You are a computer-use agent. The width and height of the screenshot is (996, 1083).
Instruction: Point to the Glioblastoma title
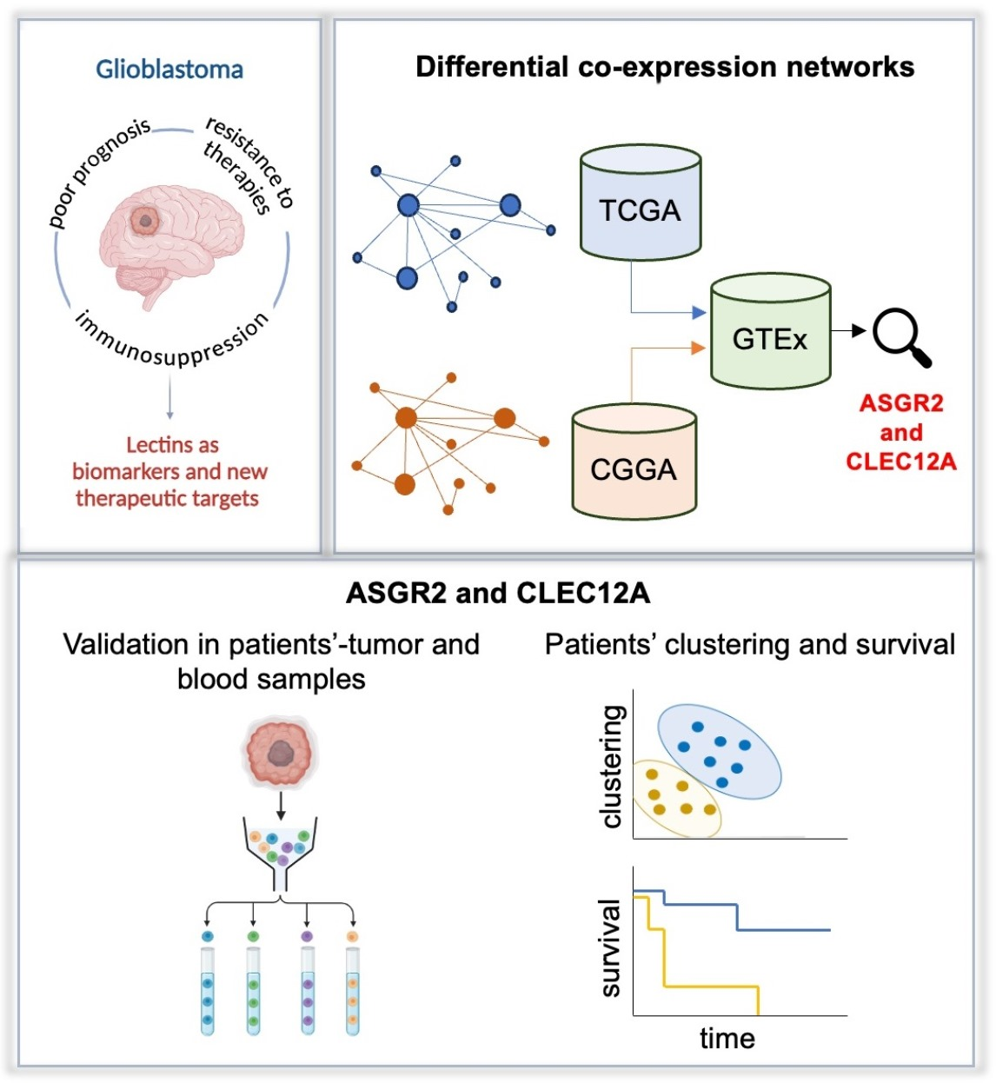[x=169, y=70]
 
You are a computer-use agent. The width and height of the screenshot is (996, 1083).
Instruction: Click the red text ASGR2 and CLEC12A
[x=901, y=432]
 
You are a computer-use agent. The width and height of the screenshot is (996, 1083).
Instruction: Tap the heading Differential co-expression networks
[x=665, y=67]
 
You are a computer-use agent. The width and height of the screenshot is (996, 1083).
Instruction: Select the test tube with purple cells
[x=307, y=991]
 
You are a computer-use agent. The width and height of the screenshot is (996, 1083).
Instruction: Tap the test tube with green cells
[x=253, y=991]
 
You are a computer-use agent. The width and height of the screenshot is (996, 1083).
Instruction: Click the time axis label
[x=727, y=1039]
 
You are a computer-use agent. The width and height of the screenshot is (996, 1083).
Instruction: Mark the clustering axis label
[x=613, y=766]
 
